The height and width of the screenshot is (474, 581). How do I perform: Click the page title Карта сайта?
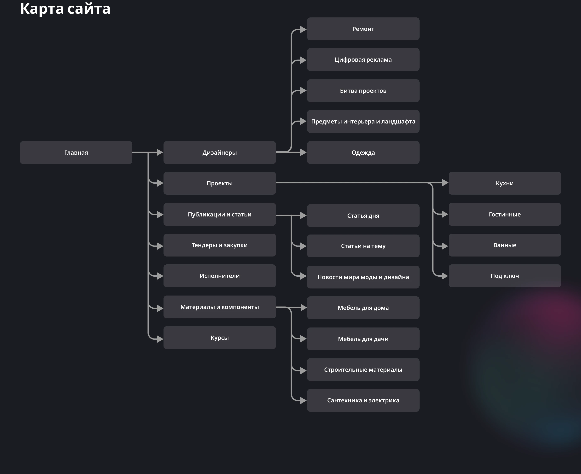click(x=65, y=9)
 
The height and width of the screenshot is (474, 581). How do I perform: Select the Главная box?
click(x=76, y=152)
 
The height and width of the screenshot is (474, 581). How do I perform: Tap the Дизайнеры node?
click(x=220, y=152)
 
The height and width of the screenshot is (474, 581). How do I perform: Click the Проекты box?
click(x=220, y=183)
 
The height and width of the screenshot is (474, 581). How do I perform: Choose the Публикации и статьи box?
click(x=220, y=214)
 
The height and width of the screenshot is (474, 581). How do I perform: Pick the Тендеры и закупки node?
click(x=220, y=245)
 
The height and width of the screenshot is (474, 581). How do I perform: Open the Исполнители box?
click(x=220, y=276)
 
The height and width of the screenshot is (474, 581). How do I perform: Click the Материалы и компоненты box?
click(x=220, y=307)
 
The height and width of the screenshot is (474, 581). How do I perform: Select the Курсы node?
click(x=220, y=338)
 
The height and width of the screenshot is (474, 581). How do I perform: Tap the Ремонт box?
click(x=363, y=29)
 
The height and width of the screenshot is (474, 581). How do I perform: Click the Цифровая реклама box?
click(x=363, y=60)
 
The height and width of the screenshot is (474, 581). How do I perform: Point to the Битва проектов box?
click(x=363, y=91)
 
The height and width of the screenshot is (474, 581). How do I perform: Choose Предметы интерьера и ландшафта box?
click(x=363, y=121)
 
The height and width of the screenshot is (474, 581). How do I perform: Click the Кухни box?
click(x=505, y=183)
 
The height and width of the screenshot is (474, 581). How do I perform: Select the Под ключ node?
click(x=505, y=276)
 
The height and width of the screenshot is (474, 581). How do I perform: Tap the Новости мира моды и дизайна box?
click(x=363, y=277)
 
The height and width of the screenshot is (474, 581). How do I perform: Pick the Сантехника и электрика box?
click(x=363, y=400)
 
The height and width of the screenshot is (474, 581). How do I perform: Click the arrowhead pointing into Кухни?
click(x=445, y=183)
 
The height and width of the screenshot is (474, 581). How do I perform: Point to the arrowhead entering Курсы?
click(x=160, y=339)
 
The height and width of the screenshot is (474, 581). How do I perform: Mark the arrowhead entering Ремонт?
click(x=303, y=29)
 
